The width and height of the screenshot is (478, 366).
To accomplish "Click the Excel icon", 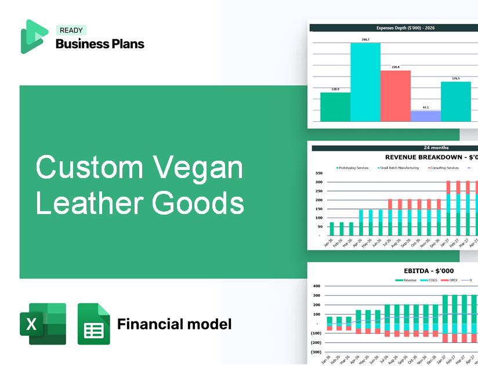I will point(42,324).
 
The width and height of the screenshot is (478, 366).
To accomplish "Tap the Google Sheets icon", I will point(93,324).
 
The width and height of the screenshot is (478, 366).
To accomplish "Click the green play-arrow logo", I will point(34,37).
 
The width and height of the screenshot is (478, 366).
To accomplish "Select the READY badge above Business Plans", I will point(71,31).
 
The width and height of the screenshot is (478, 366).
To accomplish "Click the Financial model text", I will point(174,324).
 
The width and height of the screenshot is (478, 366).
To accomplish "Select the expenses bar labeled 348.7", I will point(365,82).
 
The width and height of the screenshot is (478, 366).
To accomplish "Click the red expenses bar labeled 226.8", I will point(395,96).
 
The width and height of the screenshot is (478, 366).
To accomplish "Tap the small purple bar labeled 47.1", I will point(425,116).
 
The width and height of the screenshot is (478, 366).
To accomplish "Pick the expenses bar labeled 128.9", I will point(335,107).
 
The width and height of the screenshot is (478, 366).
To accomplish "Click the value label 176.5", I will point(455,78).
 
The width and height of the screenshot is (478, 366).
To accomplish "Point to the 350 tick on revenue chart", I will point(318,173).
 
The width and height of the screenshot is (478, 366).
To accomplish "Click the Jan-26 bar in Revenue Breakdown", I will point(332,229).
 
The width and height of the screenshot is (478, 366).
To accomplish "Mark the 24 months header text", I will point(436,148).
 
